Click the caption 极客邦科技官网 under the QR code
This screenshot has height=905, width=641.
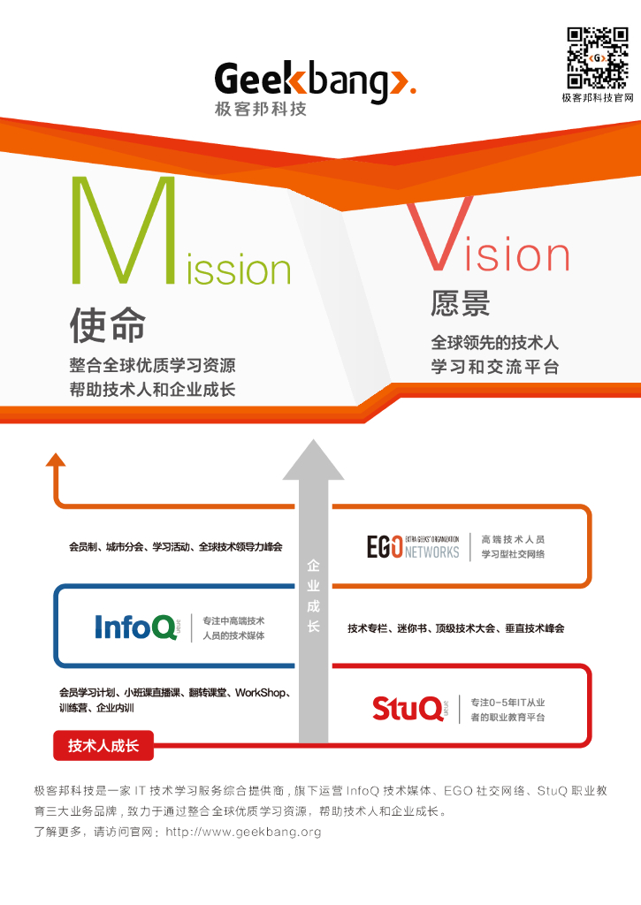click(598, 98)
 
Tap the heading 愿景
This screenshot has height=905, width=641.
click(460, 304)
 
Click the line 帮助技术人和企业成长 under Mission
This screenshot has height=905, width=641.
click(152, 389)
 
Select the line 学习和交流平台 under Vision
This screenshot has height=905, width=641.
click(495, 367)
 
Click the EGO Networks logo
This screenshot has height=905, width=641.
click(413, 546)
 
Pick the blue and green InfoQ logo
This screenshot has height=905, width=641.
click(137, 627)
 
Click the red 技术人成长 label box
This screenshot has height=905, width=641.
click(103, 746)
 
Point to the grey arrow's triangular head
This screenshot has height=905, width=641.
click(313, 460)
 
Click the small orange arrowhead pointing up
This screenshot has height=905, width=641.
click(56, 459)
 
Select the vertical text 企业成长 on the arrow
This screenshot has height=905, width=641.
click(313, 595)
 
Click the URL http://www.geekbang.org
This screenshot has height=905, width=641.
click(243, 832)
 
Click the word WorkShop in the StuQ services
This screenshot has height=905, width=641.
click(263, 692)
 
